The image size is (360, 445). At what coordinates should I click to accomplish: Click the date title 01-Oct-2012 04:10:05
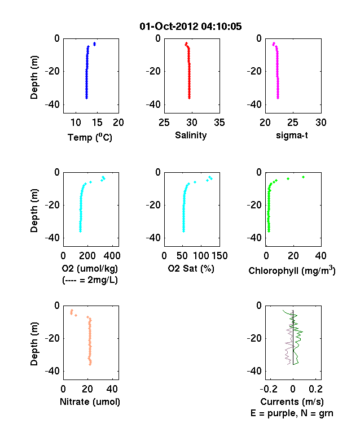coord(191,27)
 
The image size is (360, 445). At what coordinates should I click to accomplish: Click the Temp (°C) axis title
coord(90,137)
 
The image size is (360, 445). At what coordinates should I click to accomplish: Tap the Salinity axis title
coord(191,135)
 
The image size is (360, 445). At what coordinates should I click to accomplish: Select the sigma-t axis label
coord(292,136)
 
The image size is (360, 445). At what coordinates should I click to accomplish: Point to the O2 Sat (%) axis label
coord(191,268)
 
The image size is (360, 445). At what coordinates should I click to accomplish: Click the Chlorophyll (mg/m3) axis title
coord(292,270)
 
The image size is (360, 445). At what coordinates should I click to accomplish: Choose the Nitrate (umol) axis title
coord(90,402)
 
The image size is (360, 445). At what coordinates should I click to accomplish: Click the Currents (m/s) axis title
coord(292,402)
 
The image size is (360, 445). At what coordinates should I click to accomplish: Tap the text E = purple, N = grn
coord(292,413)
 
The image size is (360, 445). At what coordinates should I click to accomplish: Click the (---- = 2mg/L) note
coord(90,280)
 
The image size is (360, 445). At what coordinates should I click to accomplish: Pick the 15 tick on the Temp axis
coord(97,123)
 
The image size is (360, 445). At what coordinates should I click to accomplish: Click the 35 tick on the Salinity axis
coord(219,123)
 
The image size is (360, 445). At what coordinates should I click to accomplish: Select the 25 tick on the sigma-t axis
coord(293,123)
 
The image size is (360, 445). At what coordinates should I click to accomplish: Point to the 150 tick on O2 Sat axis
coord(219,256)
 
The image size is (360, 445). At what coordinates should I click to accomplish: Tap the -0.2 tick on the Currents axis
coord(269,389)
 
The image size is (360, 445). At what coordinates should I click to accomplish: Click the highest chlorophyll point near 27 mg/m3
coord(304,177)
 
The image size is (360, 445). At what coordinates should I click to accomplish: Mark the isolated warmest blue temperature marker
coord(95,44)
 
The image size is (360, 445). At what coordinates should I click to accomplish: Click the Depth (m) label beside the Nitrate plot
coord(34,344)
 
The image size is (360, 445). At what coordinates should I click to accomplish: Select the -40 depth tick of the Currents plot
coord(254,371)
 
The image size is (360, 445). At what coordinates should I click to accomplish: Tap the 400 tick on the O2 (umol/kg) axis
coord(112,256)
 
